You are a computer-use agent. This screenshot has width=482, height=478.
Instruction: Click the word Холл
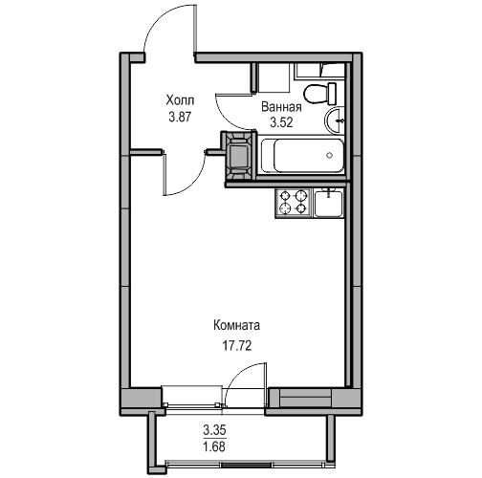(x=180, y=100)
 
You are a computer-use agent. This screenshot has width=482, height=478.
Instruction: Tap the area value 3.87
(x=180, y=118)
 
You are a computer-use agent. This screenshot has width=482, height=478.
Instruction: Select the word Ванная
(x=281, y=107)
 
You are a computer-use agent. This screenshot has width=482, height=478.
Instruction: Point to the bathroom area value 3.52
(x=281, y=122)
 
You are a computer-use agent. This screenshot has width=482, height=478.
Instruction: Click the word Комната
(x=236, y=326)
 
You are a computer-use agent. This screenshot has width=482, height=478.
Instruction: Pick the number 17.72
(x=237, y=345)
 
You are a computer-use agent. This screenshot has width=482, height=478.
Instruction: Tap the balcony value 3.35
(x=214, y=430)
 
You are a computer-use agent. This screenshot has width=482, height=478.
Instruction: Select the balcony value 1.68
(x=214, y=446)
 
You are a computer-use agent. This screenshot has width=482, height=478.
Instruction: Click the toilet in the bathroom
(x=319, y=94)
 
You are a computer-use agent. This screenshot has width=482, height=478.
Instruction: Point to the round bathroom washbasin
(x=335, y=120)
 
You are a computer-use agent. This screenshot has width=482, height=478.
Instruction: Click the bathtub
(x=302, y=156)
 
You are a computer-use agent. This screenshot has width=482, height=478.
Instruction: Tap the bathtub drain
(x=330, y=156)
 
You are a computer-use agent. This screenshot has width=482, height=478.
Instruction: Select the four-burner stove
(x=293, y=204)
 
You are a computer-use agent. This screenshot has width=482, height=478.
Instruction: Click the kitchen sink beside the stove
(x=328, y=203)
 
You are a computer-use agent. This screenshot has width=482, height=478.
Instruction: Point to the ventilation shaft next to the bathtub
(x=239, y=156)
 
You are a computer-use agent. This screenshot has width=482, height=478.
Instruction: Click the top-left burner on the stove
(x=284, y=195)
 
